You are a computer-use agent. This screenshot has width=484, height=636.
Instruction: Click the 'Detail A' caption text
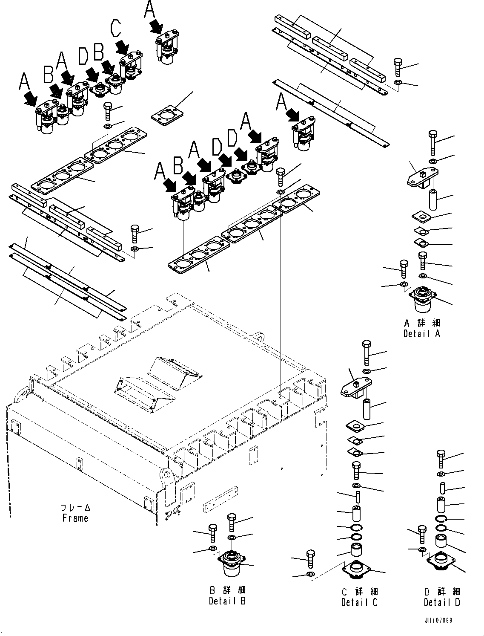coord(421,334)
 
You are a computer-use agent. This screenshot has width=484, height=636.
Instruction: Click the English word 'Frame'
coord(75,518)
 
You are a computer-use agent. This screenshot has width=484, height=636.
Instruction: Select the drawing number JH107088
coord(438,620)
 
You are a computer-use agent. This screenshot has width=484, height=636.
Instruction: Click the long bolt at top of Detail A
coord(432,142)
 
